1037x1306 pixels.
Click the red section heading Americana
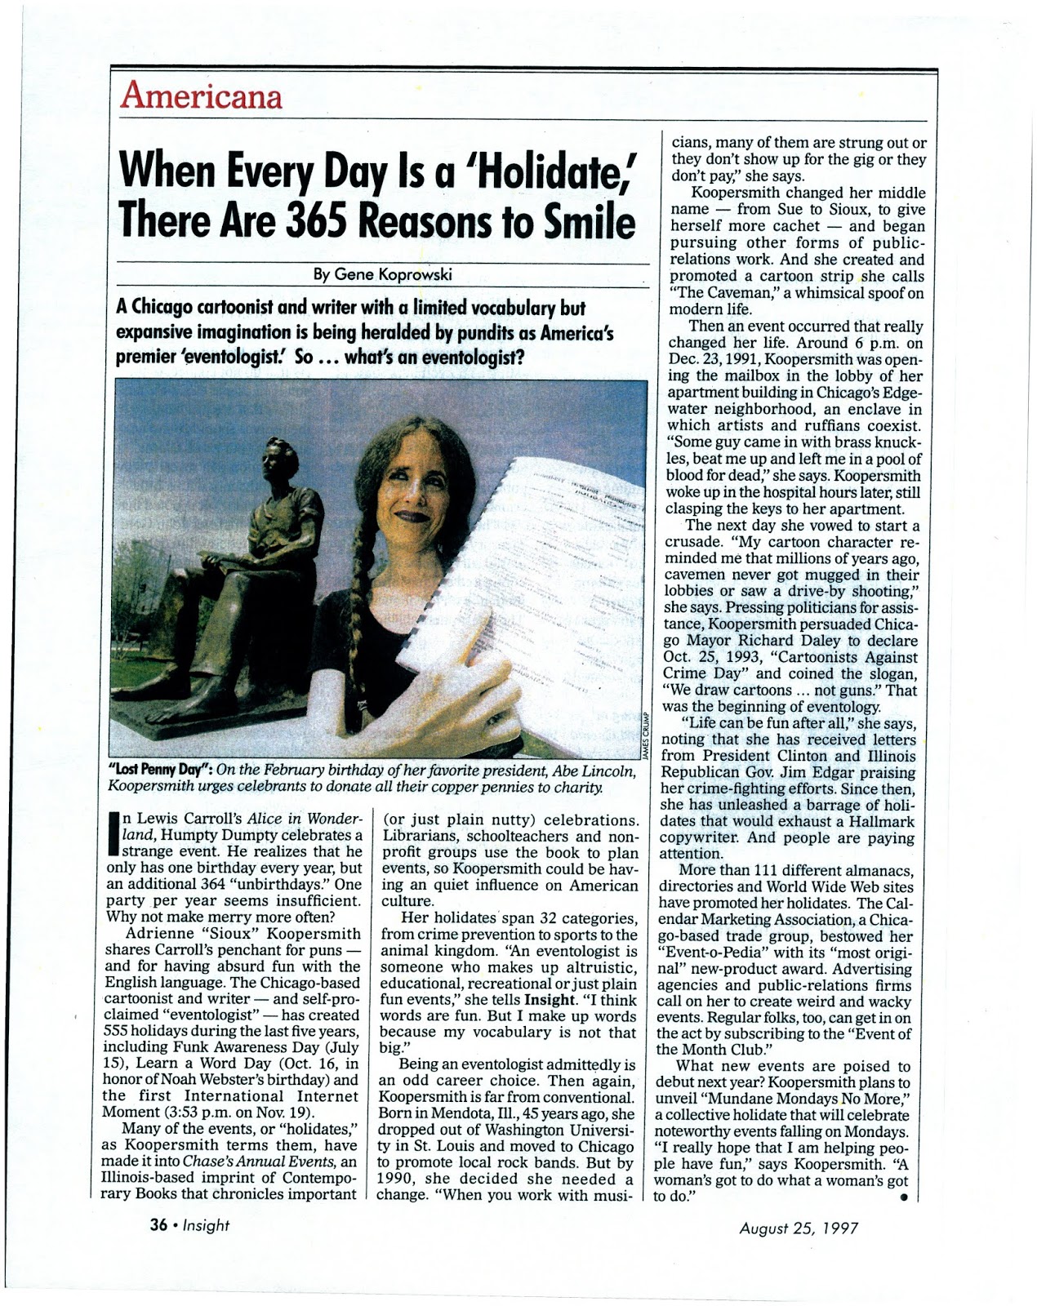click(201, 97)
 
